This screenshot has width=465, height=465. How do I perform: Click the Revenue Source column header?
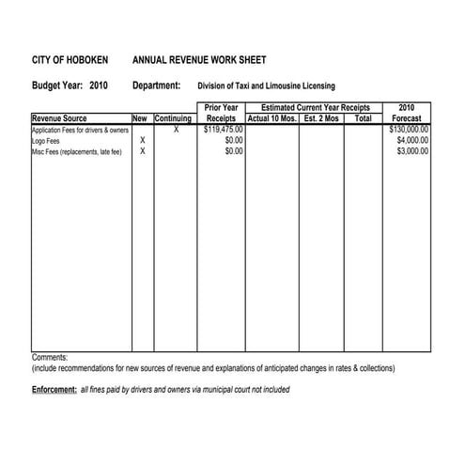(x=59, y=119)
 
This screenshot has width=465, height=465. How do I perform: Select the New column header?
(x=140, y=119)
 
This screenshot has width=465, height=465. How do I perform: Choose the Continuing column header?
(x=174, y=119)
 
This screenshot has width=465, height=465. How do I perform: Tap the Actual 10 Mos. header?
(x=272, y=119)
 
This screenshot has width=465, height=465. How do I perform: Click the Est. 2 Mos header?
(x=321, y=119)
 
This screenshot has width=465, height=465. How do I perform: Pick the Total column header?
(x=363, y=119)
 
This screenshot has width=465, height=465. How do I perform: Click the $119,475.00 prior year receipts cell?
(x=224, y=130)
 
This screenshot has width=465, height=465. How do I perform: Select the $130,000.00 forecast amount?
(x=409, y=130)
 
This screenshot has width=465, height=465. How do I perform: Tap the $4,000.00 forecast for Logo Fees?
(x=412, y=140)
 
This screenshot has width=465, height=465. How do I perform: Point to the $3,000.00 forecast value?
(x=412, y=150)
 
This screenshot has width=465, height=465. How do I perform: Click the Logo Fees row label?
(x=48, y=140)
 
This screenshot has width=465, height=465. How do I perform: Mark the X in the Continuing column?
(x=176, y=130)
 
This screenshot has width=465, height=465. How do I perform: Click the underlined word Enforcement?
(x=54, y=389)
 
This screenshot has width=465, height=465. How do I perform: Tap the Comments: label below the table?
(x=50, y=358)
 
